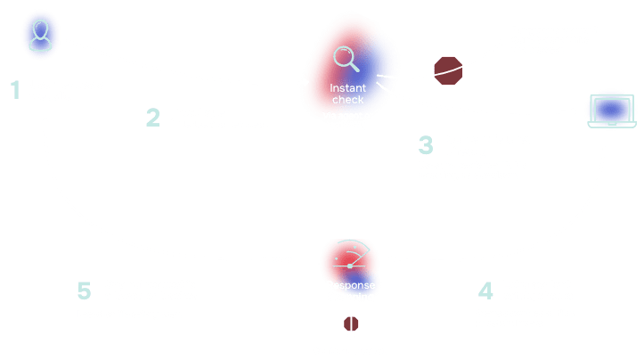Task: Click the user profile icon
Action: tap(39, 37)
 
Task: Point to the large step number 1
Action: tap(15, 89)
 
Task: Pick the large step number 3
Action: tap(426, 145)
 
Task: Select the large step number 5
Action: tap(85, 290)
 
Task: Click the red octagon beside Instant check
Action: tap(447, 70)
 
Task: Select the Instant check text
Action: tap(348, 94)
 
